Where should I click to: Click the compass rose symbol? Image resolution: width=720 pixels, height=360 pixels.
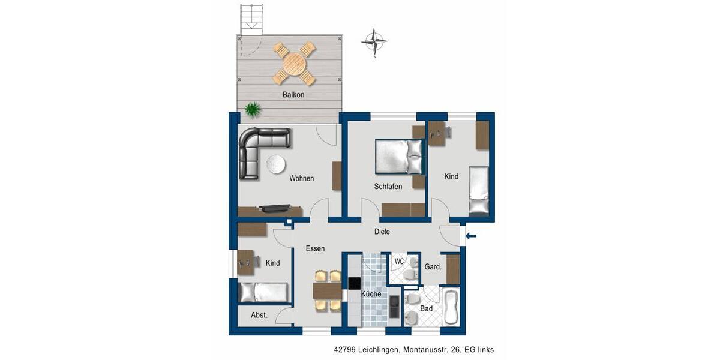pyautogui.click(x=374, y=41)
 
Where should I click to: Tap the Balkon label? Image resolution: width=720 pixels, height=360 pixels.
pyautogui.click(x=293, y=95)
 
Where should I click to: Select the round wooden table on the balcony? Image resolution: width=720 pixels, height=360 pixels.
pyautogui.click(x=295, y=63)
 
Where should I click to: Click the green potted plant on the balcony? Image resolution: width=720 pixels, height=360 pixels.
pyautogui.click(x=253, y=109)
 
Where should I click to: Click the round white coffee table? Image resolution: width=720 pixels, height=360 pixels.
pyautogui.click(x=276, y=164)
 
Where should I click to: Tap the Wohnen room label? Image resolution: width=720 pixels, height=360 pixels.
pyautogui.click(x=301, y=178)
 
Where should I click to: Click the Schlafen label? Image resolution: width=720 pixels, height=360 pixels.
pyautogui.click(x=388, y=186)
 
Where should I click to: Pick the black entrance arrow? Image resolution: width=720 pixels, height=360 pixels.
pyautogui.click(x=471, y=236)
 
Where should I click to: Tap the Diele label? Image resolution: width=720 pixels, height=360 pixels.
pyautogui.click(x=382, y=232)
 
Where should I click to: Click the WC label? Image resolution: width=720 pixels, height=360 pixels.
pyautogui.click(x=399, y=261)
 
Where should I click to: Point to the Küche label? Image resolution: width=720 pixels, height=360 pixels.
pyautogui.click(x=371, y=294)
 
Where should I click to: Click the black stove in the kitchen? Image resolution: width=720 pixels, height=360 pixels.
pyautogui.click(x=354, y=283)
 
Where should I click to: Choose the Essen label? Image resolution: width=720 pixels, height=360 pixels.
pyautogui.click(x=315, y=248)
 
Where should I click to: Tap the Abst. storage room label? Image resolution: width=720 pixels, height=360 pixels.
pyautogui.click(x=259, y=315)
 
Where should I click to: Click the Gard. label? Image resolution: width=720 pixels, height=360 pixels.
pyautogui.click(x=433, y=267)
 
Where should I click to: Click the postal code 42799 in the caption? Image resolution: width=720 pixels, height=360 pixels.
pyautogui.click(x=345, y=349)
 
